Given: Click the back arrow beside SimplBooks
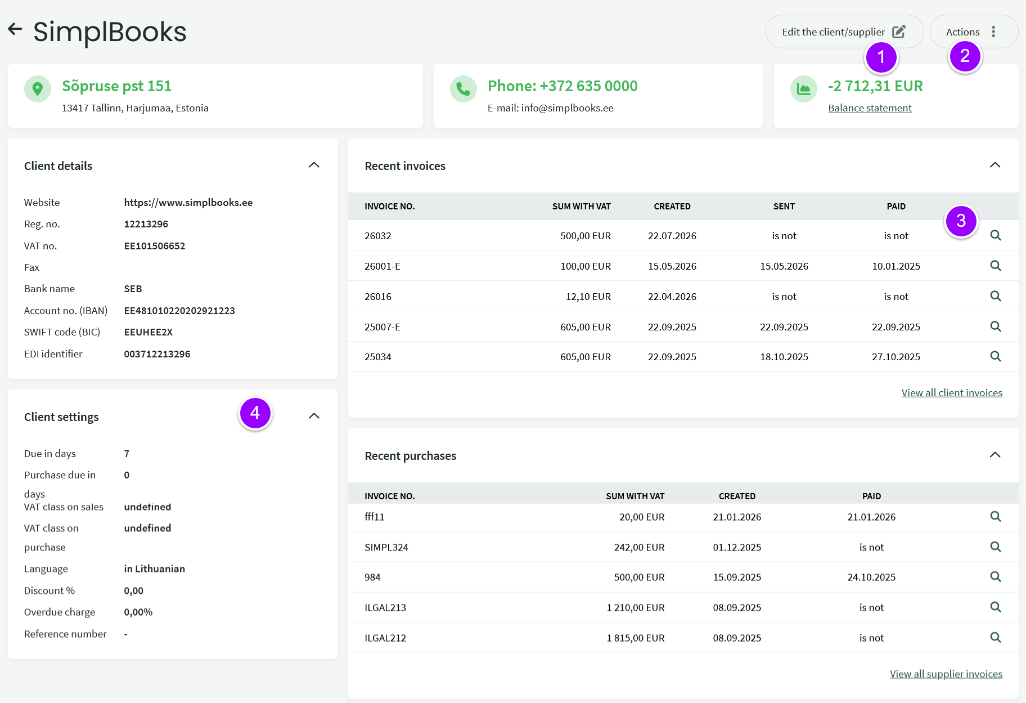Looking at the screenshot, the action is click(15, 29).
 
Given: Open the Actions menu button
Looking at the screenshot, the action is click(974, 32).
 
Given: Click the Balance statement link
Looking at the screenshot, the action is click(870, 108).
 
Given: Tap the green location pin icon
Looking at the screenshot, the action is click(38, 89).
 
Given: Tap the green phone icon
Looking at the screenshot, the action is click(463, 89).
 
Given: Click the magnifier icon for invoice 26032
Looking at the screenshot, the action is click(996, 235).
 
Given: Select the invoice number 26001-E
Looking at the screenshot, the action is click(382, 266).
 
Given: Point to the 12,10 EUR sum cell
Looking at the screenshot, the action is click(588, 297).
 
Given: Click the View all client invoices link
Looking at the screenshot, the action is click(952, 393).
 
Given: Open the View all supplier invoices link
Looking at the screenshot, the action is click(946, 674).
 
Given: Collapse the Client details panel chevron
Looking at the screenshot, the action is click(314, 165).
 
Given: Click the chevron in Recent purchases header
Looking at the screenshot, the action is click(995, 455).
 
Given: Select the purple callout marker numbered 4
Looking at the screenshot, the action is click(255, 413).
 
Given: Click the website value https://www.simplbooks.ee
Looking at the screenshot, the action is click(188, 203).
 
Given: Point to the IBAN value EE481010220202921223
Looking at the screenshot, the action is click(179, 311).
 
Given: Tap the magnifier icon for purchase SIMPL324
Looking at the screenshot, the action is click(996, 547).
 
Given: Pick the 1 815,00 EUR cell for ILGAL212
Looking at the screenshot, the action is click(636, 638).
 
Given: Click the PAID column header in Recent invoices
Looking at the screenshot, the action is click(896, 207).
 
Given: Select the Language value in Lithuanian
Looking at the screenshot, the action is click(155, 568).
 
